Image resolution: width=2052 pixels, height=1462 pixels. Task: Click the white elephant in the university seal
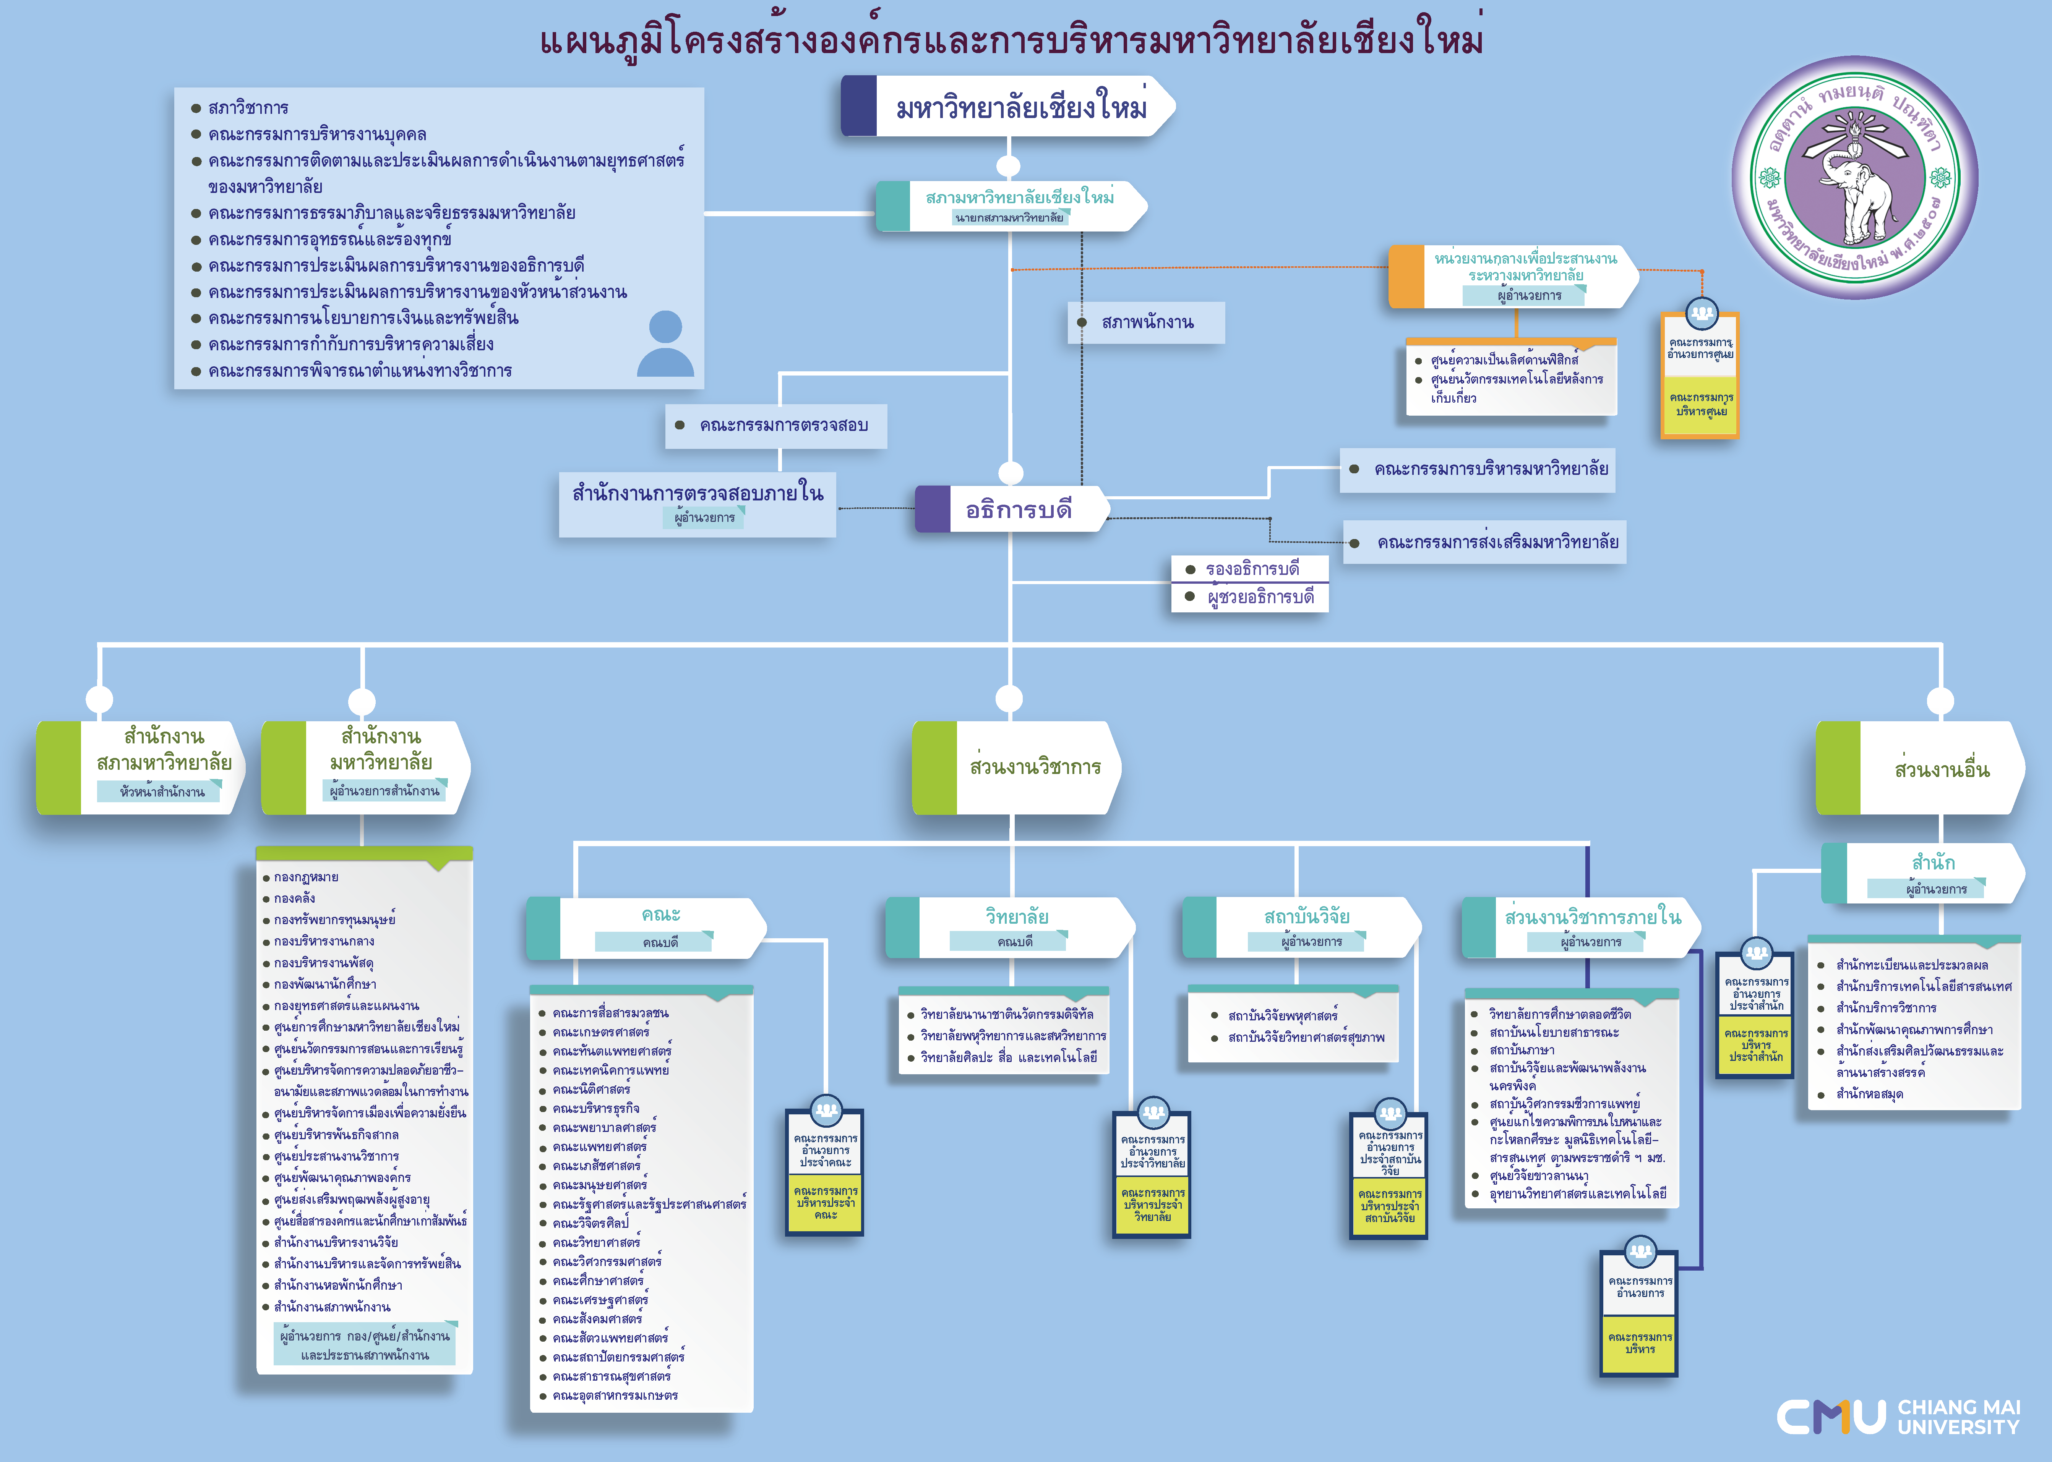[x=1857, y=194]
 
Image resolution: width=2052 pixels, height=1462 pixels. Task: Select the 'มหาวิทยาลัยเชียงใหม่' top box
[x=1009, y=106]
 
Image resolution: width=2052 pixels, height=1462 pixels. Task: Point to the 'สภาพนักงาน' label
[x=1147, y=322]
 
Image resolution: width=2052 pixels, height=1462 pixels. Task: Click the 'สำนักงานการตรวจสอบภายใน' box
[x=698, y=504]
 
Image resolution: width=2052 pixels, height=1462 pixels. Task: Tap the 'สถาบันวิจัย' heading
[x=1306, y=916]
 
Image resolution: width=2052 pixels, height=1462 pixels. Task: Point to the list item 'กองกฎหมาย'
[x=306, y=877]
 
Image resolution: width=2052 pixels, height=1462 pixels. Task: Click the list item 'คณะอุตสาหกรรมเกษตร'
[x=615, y=1396]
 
